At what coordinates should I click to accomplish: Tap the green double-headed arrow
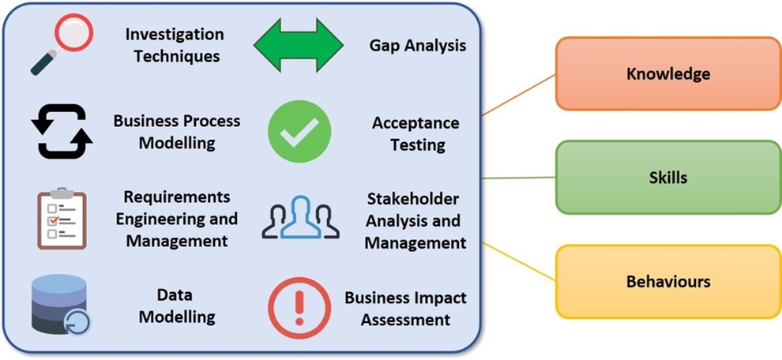tap(298, 45)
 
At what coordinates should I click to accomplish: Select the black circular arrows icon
tap(62, 131)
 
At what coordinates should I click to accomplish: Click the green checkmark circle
tap(299, 131)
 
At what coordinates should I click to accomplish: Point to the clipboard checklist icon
tap(62, 219)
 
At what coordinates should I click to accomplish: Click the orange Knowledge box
tap(667, 73)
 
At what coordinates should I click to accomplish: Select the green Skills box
tap(667, 177)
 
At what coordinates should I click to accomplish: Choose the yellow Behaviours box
tap(667, 281)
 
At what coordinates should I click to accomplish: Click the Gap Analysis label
tap(417, 45)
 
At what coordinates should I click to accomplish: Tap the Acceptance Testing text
tap(415, 133)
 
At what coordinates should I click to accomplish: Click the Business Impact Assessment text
tap(405, 308)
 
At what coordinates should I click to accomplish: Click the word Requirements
tap(176, 196)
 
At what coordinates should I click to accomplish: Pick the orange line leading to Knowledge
tap(518, 94)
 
